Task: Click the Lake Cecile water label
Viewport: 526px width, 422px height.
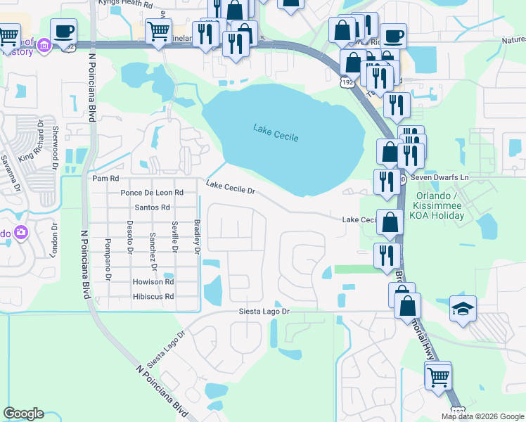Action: [276, 132]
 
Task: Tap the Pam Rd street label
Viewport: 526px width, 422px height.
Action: [104, 179]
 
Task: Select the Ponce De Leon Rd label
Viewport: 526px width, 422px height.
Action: [152, 192]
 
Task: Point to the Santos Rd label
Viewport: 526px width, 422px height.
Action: [152, 207]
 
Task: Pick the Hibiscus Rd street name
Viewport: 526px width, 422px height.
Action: [153, 297]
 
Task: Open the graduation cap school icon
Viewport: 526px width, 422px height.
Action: [463, 309]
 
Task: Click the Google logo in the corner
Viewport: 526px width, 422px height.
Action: [23, 414]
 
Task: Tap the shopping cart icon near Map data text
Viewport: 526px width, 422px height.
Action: [438, 376]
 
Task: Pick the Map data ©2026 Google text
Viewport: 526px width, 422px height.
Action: [483, 416]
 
